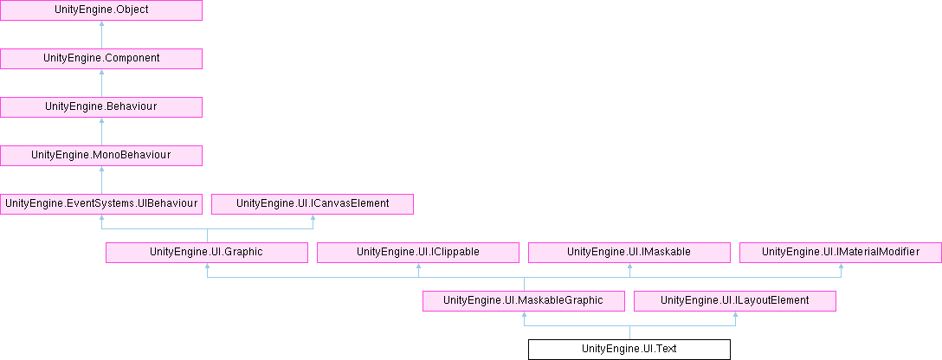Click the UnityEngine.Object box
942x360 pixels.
[101, 10]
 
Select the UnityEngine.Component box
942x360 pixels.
[101, 59]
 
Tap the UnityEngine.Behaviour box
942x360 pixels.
[101, 107]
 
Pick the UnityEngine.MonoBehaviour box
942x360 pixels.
[101, 156]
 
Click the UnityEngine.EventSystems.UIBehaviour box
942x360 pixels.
[101, 204]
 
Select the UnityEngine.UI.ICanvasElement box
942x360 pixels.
[313, 204]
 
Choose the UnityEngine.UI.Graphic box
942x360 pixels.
[207, 252]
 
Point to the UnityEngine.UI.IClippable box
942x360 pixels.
[418, 252]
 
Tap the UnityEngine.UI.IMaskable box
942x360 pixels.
[629, 252]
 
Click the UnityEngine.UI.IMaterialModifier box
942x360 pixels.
[841, 252]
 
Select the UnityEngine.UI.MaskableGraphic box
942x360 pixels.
[524, 300]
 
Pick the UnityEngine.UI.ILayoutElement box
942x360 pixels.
[735, 300]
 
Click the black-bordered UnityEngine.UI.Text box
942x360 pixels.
[629, 349]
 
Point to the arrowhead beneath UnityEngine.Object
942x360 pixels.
[101, 25]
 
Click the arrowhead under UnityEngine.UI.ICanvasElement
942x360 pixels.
[313, 219]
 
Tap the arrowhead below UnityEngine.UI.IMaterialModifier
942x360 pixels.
[841, 267]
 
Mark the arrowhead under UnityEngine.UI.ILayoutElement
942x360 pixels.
[735, 316]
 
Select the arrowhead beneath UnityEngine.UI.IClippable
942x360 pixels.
[418, 267]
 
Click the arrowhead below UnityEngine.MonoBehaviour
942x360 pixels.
[101, 170]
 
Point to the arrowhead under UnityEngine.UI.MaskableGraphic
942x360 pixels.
[524, 316]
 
